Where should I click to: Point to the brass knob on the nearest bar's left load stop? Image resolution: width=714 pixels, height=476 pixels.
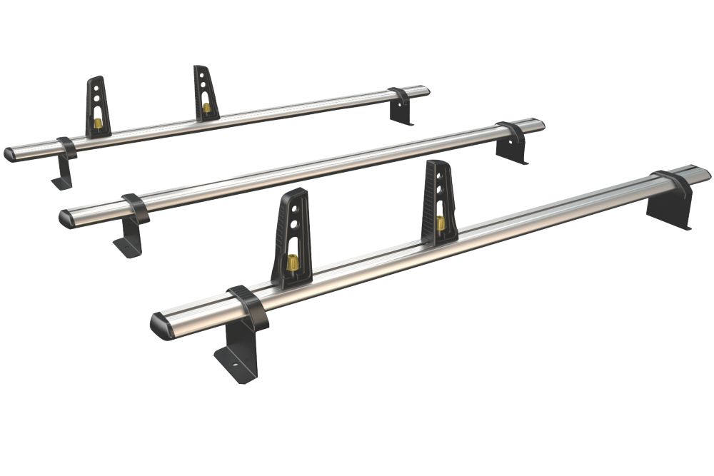[293, 263]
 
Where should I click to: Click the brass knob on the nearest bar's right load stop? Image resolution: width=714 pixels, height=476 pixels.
[441, 223]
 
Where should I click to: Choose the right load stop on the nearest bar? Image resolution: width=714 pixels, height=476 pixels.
[438, 203]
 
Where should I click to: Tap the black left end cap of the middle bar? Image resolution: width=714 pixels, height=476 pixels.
[66, 219]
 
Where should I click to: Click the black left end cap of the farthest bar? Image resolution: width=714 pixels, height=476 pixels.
[9, 154]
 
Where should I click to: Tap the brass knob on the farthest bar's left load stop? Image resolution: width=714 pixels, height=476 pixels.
[97, 124]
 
